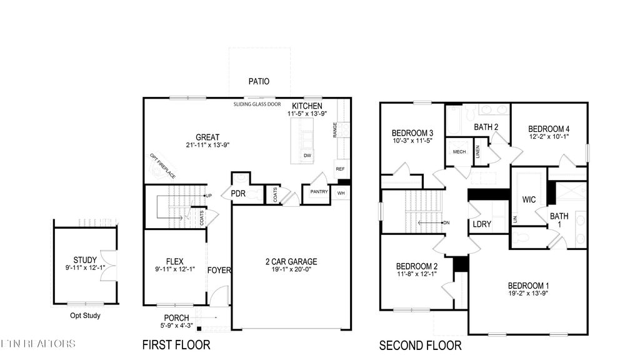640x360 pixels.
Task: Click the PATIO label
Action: tap(259, 81)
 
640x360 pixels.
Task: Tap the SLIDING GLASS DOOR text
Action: tap(257, 105)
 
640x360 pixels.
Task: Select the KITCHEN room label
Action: tap(307, 106)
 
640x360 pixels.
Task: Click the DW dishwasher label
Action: tap(307, 156)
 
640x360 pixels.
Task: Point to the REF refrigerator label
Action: tap(340, 169)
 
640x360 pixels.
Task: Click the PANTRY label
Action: tap(319, 192)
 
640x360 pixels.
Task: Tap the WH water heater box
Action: tap(341, 193)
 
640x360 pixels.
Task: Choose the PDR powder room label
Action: tap(238, 194)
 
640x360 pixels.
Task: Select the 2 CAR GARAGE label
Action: tap(291, 262)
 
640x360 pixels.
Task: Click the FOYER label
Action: tap(219, 271)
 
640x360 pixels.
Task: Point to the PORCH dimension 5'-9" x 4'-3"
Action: tap(177, 326)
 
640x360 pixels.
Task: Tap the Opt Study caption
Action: tap(85, 316)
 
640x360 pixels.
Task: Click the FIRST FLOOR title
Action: tap(176, 344)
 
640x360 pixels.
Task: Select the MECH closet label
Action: tap(459, 152)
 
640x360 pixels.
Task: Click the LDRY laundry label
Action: tap(481, 224)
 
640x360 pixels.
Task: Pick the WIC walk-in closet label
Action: tap(529, 200)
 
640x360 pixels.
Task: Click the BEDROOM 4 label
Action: tap(549, 129)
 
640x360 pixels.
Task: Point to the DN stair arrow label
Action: tap(446, 222)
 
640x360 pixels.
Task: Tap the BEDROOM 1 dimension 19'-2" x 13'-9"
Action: tap(529, 294)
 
